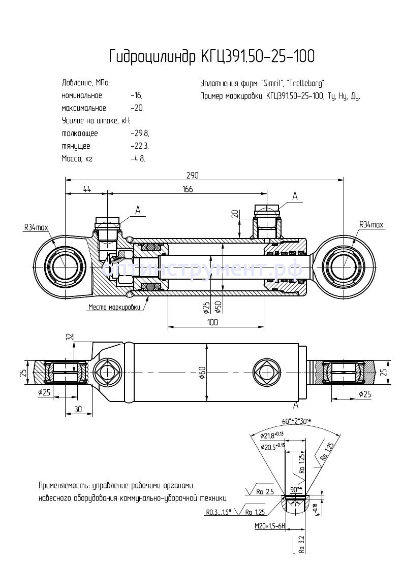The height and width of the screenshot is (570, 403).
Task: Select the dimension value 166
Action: coord(188,189)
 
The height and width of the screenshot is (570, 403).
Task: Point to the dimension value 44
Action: coord(86,189)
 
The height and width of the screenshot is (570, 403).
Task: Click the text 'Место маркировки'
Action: coord(114,307)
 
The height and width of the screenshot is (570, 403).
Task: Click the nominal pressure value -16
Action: coord(136,95)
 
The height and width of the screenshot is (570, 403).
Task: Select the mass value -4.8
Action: coord(138,158)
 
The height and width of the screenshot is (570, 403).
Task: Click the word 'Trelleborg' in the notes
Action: coord(307,83)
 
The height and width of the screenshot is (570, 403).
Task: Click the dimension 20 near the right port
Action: coord(235,214)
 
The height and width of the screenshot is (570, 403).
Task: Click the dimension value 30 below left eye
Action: coord(77,409)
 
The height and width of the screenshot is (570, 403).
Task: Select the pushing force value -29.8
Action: coord(139,133)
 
